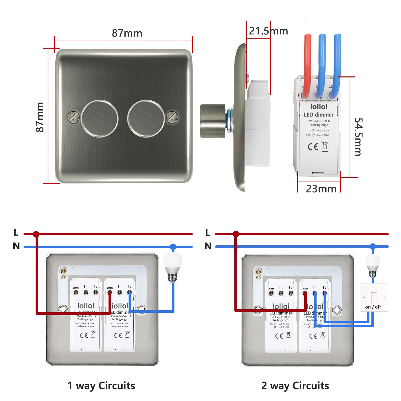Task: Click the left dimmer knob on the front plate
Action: click(x=99, y=119)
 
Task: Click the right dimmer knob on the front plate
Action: click(x=146, y=119)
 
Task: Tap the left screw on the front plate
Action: click(x=74, y=117)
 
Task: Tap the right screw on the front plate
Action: click(x=172, y=117)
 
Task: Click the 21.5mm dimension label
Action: click(x=268, y=31)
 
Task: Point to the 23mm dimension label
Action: click(x=321, y=189)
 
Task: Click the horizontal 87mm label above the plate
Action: click(x=127, y=33)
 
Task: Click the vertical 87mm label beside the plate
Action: click(x=40, y=117)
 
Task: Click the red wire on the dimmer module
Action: click(x=307, y=63)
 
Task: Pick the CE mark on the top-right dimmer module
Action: click(x=313, y=147)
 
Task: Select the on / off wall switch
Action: click(x=373, y=297)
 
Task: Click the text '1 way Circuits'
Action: click(x=101, y=386)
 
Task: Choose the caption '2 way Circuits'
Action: click(x=295, y=386)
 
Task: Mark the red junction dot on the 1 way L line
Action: click(x=36, y=234)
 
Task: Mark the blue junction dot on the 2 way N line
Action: click(x=373, y=246)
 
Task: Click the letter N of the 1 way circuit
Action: click(x=16, y=246)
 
